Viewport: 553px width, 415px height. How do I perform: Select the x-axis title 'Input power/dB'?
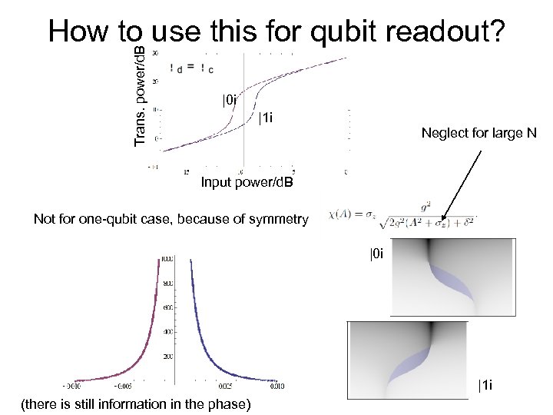247,182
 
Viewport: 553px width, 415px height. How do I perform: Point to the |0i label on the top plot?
230,100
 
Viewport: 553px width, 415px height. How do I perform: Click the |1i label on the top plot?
266,118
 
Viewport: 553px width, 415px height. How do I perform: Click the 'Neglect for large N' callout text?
478,133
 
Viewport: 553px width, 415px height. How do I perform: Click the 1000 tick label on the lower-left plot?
166,261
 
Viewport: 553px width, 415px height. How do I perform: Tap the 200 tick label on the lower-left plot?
167,357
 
